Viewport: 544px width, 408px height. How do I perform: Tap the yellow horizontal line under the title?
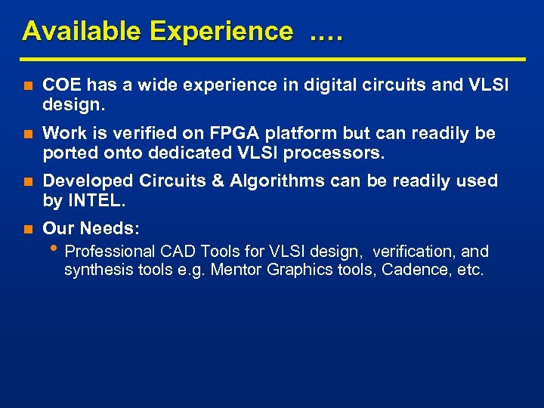click(x=273, y=59)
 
